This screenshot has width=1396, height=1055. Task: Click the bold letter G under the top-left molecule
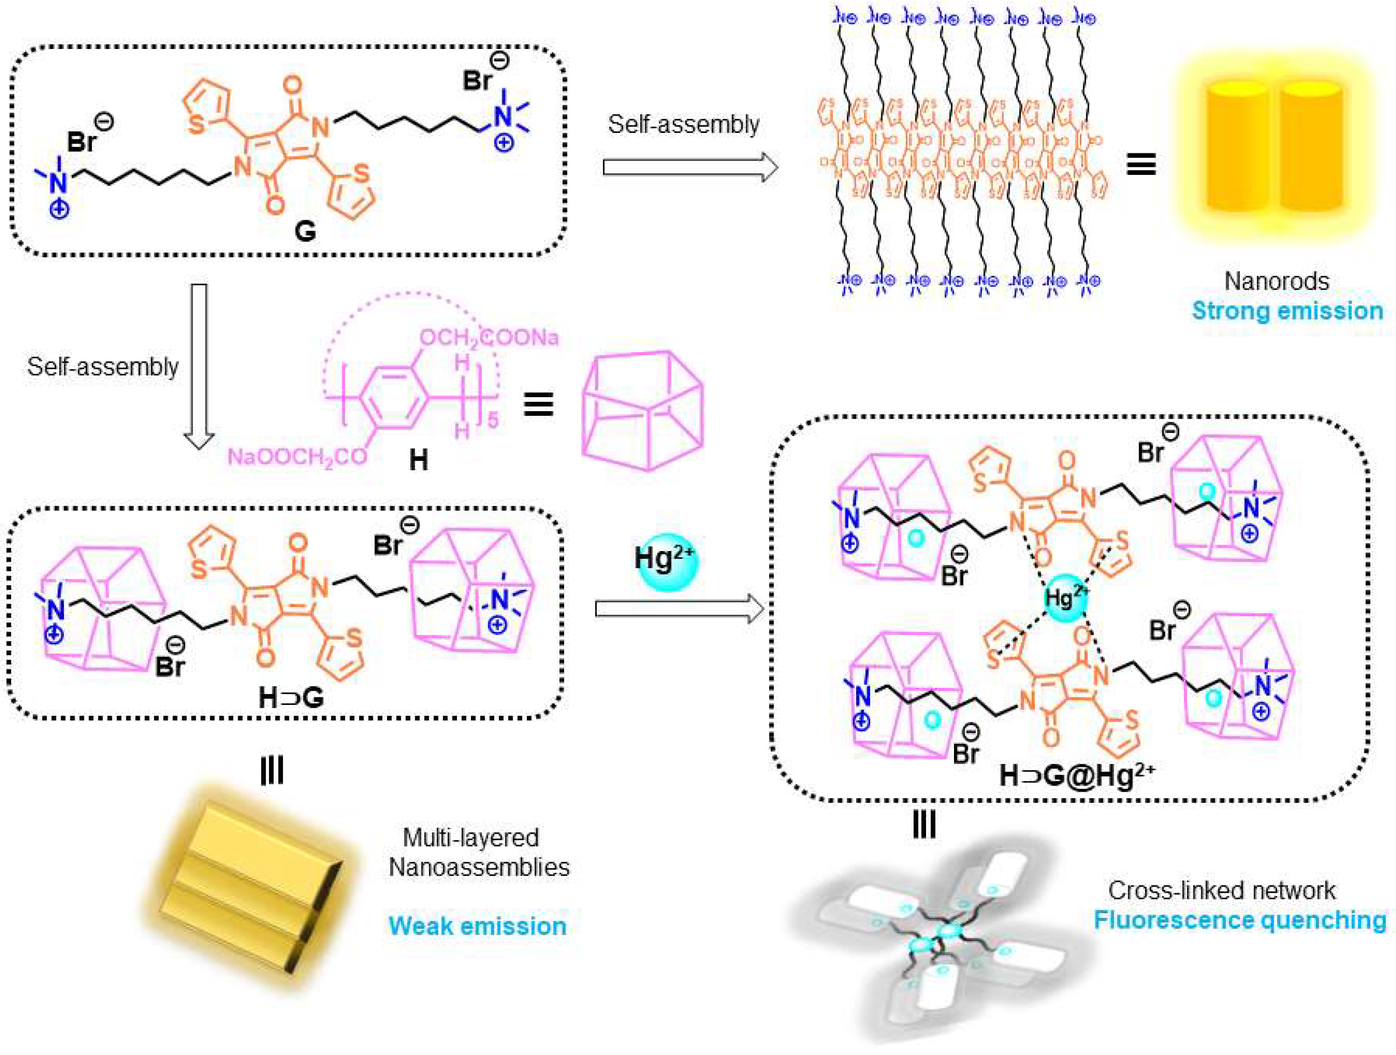[x=305, y=232]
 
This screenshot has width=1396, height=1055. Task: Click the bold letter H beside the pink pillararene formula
[x=418, y=461]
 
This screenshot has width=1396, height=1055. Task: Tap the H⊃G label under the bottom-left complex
[x=291, y=698]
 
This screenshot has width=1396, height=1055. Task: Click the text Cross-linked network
[x=1222, y=890]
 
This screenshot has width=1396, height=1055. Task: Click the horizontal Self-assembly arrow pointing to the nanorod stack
[x=690, y=167]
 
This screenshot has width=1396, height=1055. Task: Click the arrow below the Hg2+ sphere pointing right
[x=679, y=609]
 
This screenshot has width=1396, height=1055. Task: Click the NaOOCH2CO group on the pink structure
[x=297, y=455]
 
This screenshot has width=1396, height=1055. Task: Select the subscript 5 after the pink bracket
[x=493, y=419]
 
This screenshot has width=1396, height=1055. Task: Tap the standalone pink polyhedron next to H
[x=642, y=410]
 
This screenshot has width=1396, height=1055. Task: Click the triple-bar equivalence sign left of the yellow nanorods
[x=1141, y=165]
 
